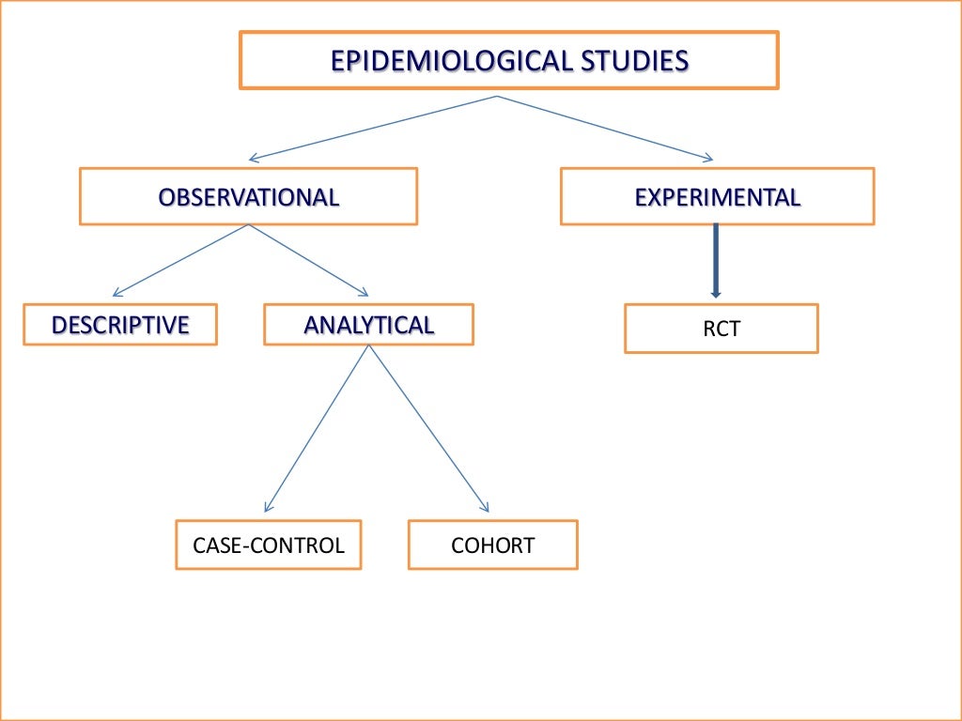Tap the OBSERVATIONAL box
click(248, 197)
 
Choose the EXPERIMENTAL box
click(717, 197)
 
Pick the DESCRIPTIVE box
click(120, 325)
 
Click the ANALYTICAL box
click(368, 325)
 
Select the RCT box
click(721, 329)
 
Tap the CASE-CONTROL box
click(268, 545)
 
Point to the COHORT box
click(492, 545)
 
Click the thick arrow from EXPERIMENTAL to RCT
click(716, 258)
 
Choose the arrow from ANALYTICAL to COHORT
click(428, 428)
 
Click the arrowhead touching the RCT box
click(716, 293)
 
